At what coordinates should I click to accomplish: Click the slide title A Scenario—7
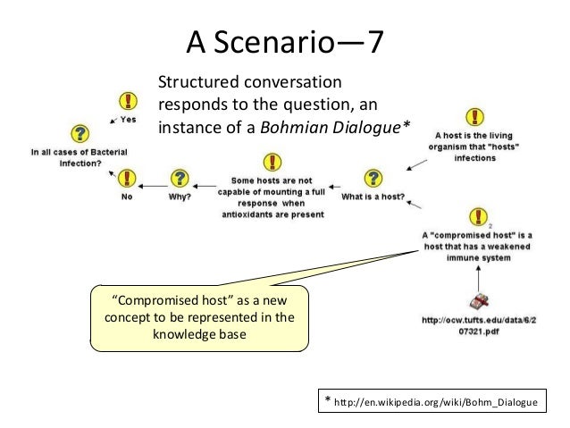(285, 41)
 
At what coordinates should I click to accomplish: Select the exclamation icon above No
(129, 179)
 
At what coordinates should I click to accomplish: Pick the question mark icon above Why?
(180, 179)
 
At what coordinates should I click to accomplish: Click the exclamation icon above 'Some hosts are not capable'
(271, 162)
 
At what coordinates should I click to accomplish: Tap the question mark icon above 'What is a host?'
(373, 179)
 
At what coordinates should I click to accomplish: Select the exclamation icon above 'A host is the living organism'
(476, 117)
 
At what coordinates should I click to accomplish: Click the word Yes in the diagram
(129, 119)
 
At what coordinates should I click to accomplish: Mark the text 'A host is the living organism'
(476, 142)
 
